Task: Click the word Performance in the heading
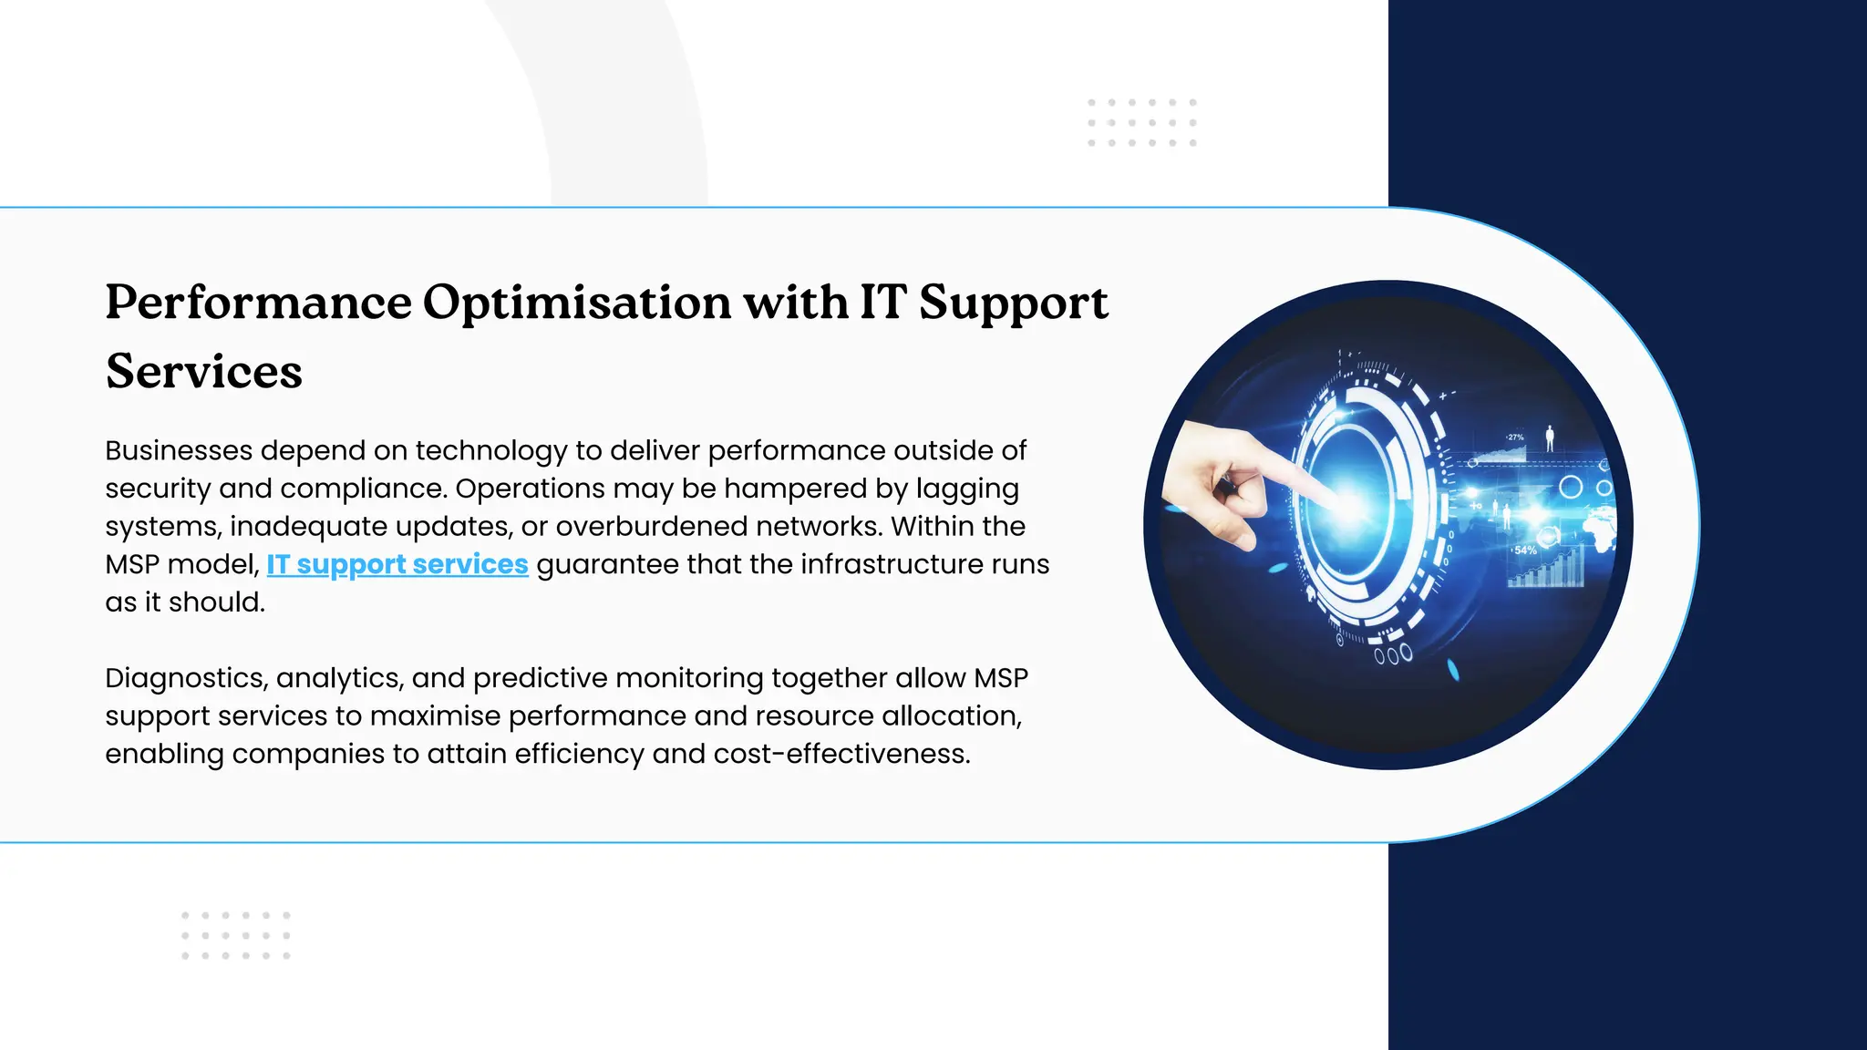(258, 303)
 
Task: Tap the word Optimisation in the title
(576, 303)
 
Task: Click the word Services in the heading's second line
(203, 372)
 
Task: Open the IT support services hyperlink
(397, 565)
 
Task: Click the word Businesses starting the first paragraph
(179, 450)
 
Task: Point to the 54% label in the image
(1524, 551)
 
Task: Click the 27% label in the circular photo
(1515, 437)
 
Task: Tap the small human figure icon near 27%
(1550, 437)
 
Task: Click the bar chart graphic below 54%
(1545, 571)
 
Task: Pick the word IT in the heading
(882, 303)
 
